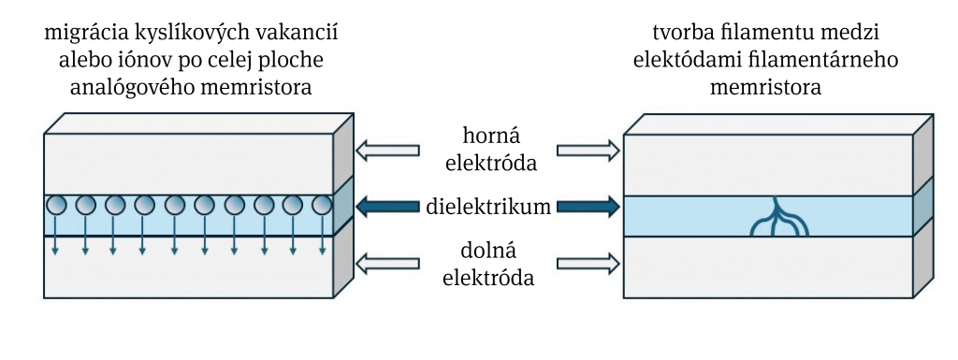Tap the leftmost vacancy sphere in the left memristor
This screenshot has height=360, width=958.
click(x=56, y=205)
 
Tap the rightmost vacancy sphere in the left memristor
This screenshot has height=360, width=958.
click(x=321, y=205)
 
